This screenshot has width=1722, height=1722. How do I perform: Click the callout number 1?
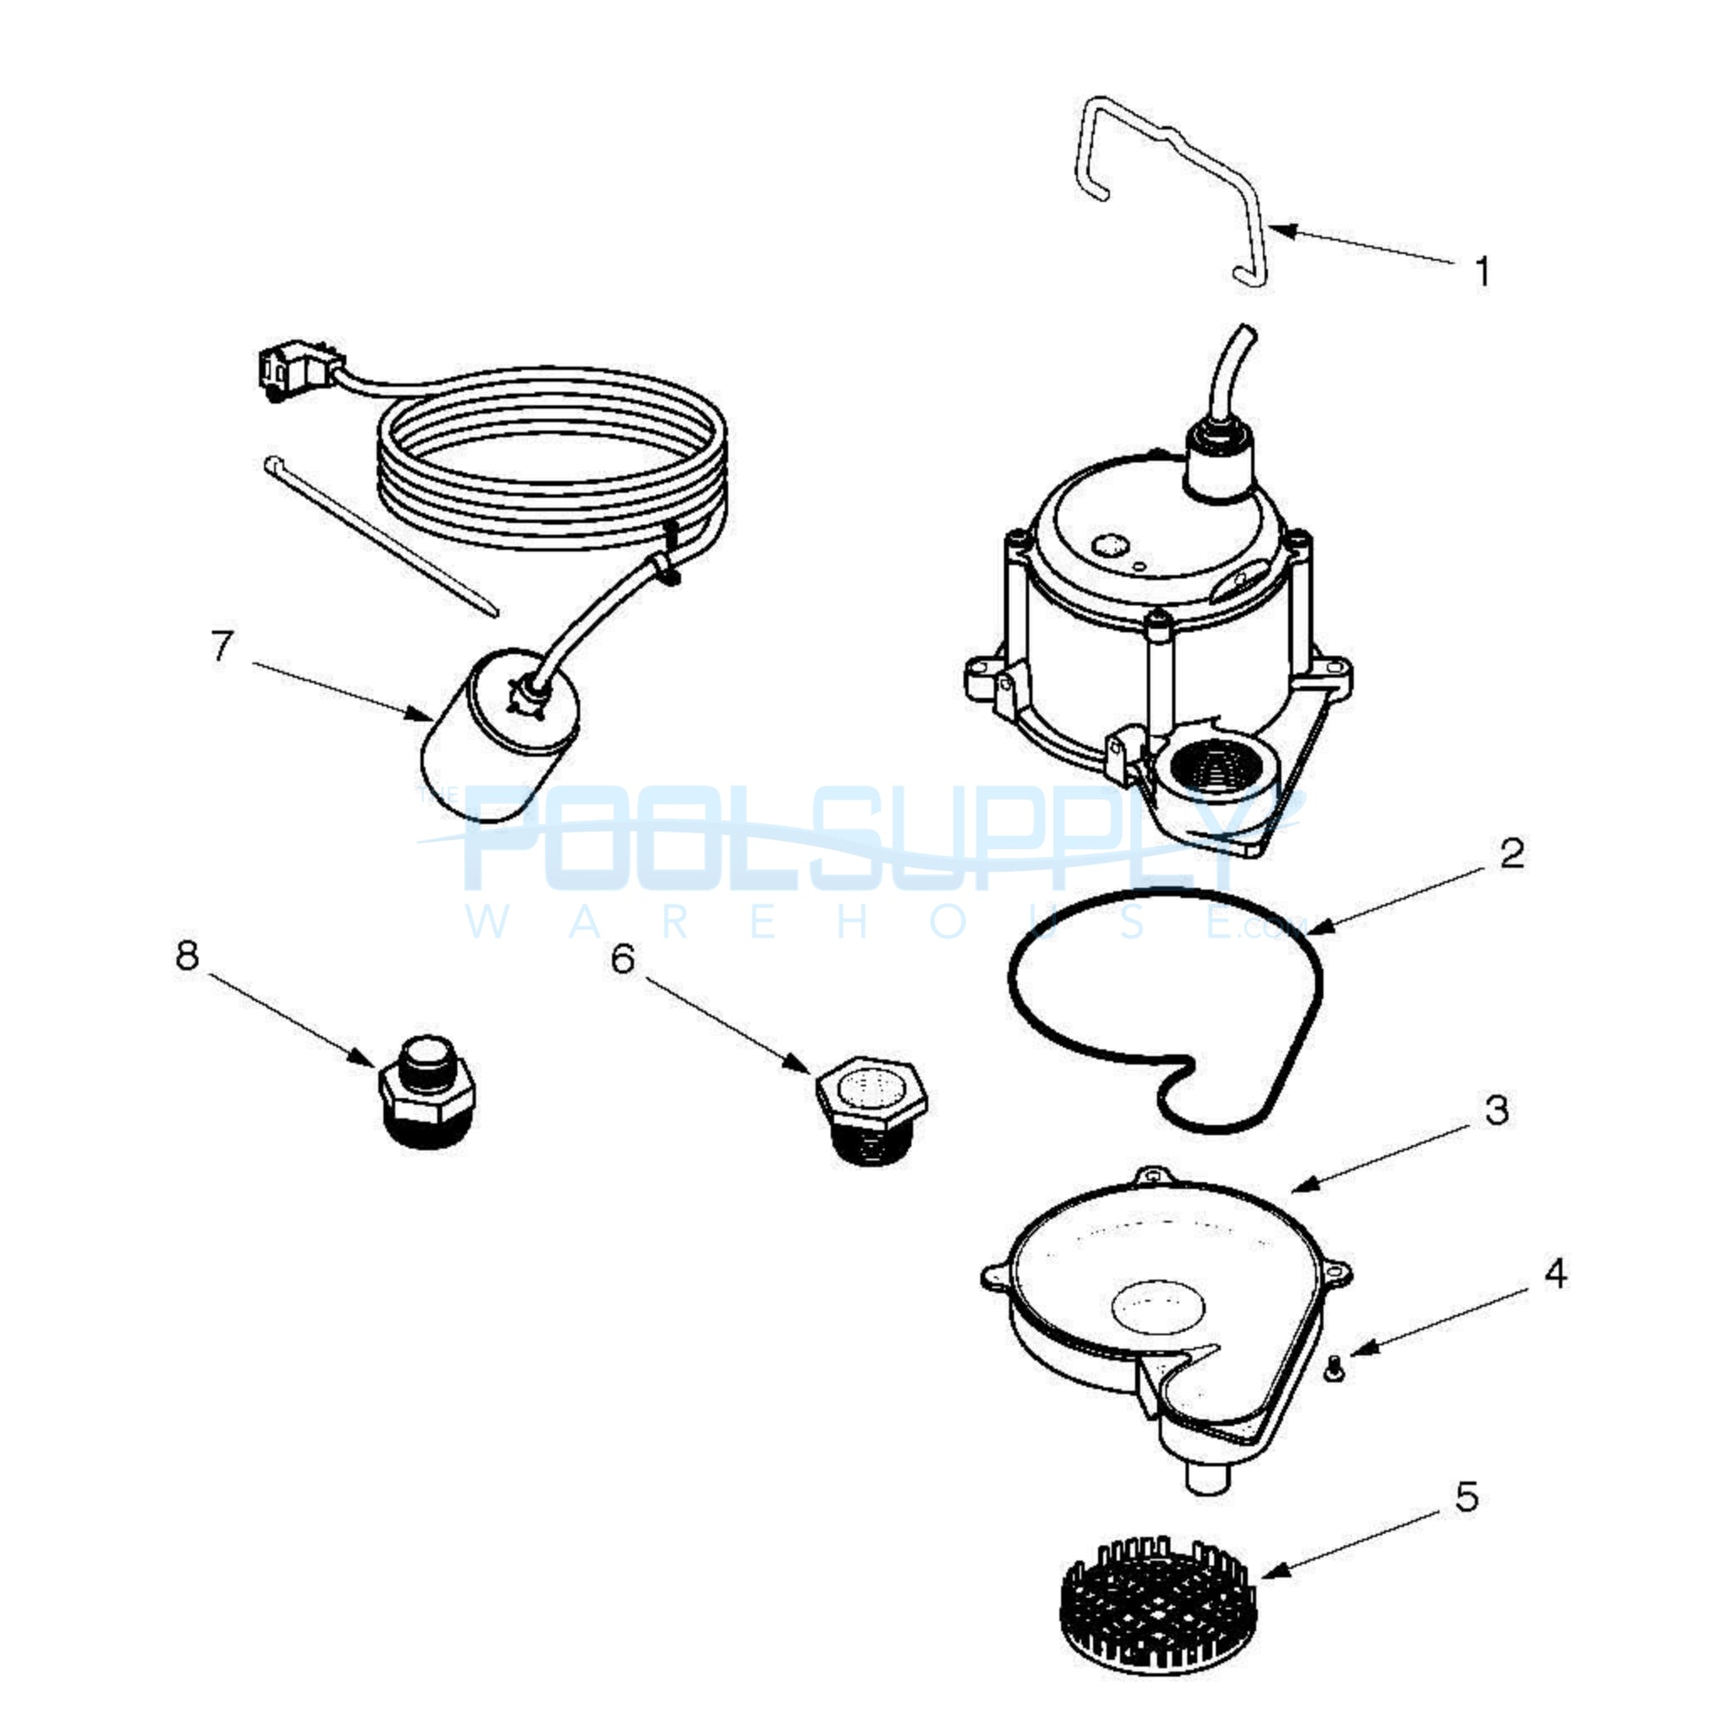(x=1483, y=272)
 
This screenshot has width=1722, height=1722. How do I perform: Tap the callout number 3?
(x=1498, y=1110)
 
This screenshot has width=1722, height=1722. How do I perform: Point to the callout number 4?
(x=1556, y=1274)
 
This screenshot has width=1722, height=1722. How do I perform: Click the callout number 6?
(x=623, y=959)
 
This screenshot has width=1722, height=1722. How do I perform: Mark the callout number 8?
(x=187, y=956)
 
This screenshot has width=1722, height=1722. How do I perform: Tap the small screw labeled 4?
(x=1334, y=1367)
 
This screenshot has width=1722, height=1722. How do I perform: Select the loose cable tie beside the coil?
(x=382, y=536)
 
